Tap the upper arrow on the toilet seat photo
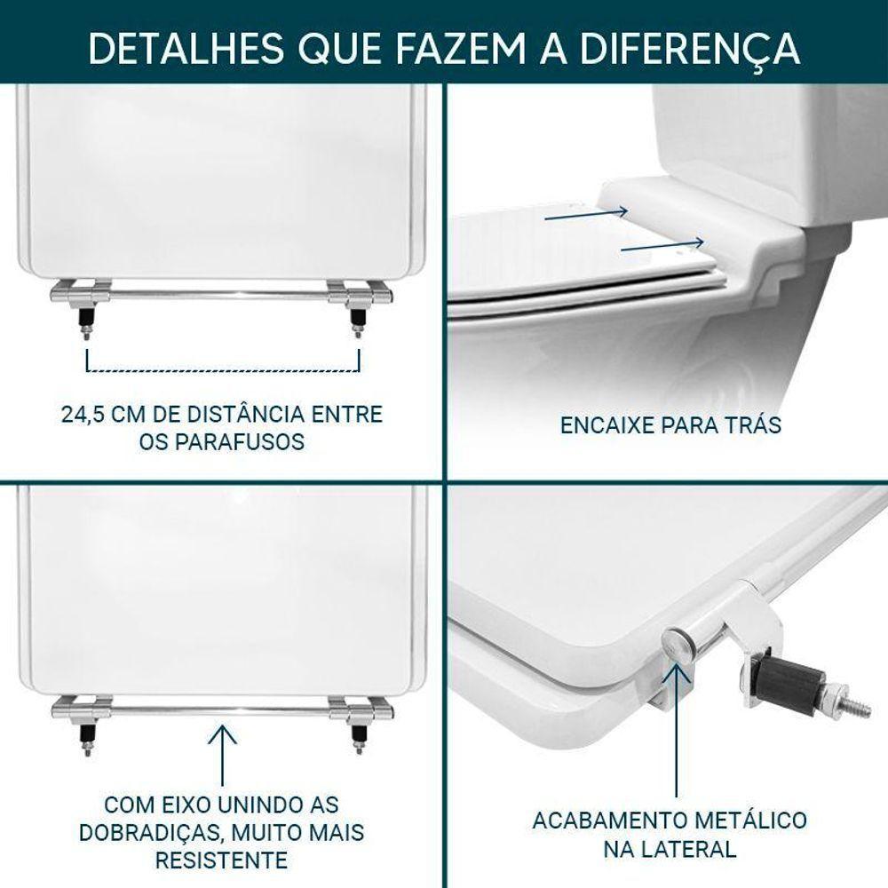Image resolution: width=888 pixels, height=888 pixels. pyautogui.click(x=586, y=213)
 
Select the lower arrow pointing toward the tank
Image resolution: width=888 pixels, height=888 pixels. pyautogui.click(x=662, y=245)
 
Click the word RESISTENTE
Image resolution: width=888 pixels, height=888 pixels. pyautogui.click(x=221, y=860)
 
